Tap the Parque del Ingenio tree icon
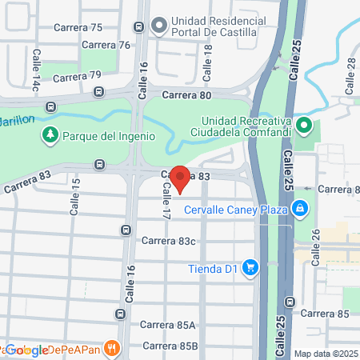tap(51, 135)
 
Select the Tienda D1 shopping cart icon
tap(250, 268)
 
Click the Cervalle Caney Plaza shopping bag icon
tap(299, 210)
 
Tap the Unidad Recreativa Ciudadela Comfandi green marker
tap(304, 126)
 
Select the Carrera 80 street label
tap(186, 95)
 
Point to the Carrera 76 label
tap(105, 45)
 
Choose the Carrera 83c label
tap(169, 240)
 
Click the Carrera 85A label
tap(168, 325)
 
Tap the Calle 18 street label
tap(209, 62)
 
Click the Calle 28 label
tap(349, 74)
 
